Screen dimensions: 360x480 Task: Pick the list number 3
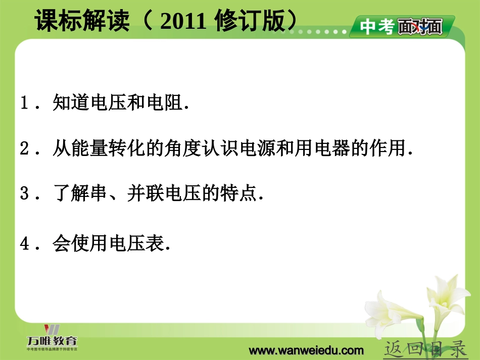click(x=25, y=195)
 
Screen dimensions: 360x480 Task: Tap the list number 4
click(x=25, y=244)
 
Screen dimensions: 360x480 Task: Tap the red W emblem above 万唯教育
click(x=52, y=329)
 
